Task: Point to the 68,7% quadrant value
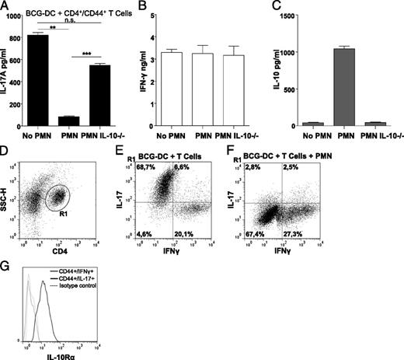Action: coord(161,168)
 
